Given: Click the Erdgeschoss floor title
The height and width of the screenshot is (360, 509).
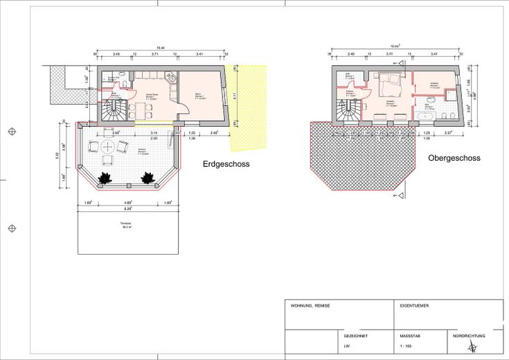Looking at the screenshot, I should click(x=226, y=165).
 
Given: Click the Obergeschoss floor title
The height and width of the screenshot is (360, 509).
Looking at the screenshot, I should click(x=454, y=159).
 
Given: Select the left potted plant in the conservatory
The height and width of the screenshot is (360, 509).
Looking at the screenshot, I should click(x=105, y=178).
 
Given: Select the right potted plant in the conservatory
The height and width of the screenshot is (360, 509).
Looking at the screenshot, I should click(x=147, y=178).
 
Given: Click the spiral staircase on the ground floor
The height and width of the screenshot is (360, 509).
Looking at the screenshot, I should click(x=111, y=109).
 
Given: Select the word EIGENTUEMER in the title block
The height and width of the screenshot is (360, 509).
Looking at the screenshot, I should click(x=414, y=305).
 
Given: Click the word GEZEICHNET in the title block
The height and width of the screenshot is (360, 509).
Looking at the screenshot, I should click(x=356, y=336).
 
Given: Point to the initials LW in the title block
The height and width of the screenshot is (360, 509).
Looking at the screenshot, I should click(x=347, y=346).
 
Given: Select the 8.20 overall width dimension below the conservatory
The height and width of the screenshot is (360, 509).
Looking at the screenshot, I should click(x=128, y=208).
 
